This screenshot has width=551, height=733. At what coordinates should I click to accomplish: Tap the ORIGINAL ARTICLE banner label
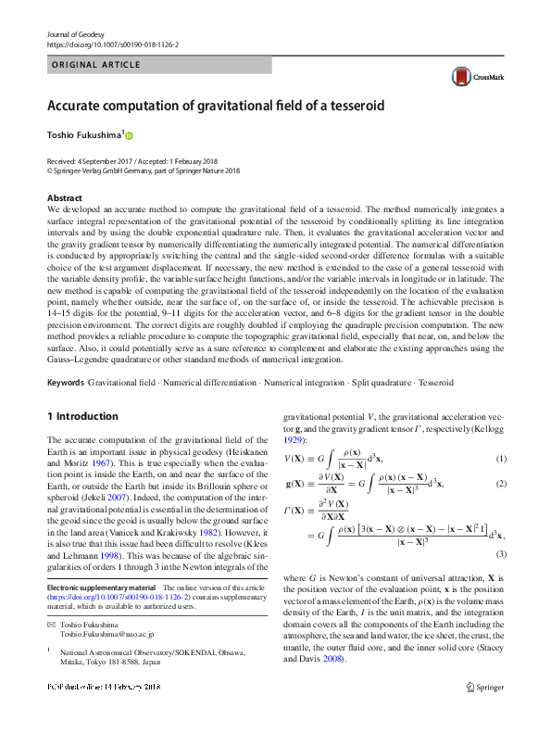pos(94,65)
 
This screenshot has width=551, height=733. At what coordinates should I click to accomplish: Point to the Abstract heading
pos(64,198)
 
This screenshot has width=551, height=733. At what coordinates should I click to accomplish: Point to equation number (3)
pos(501,553)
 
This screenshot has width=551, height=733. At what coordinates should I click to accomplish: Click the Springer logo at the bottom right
pos(486,687)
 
